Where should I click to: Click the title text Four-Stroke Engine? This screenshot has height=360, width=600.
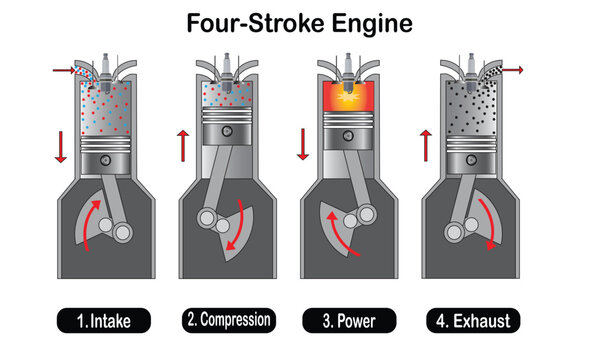(x=299, y=21)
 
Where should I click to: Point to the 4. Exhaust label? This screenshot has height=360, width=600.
(x=473, y=321)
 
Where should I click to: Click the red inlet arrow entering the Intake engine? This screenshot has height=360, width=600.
(x=62, y=71)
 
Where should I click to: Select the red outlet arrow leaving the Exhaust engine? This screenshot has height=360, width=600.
(x=515, y=70)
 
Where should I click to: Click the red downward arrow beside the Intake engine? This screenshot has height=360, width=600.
(x=59, y=144)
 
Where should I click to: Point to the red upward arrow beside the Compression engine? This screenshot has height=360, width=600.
(x=181, y=144)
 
